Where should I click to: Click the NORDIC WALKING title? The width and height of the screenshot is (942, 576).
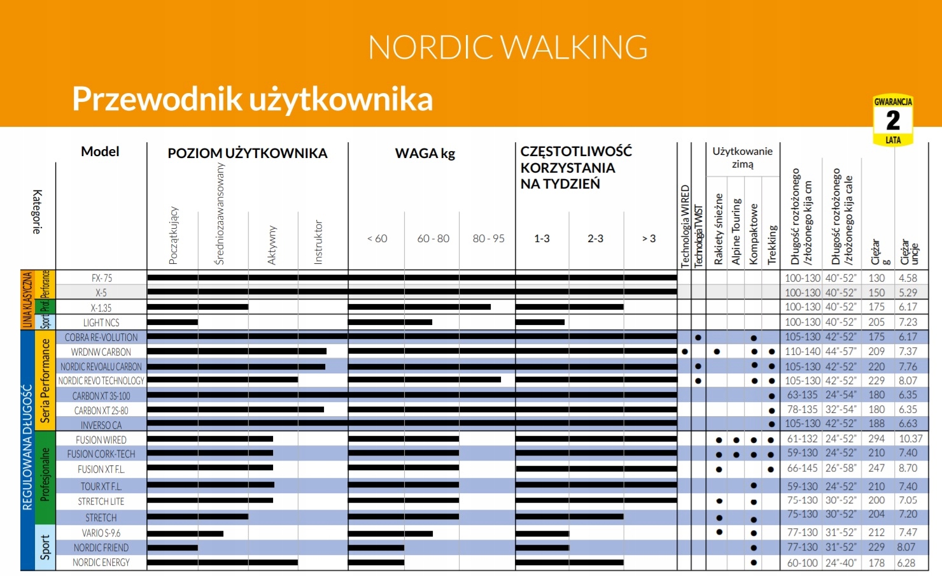(x=508, y=48)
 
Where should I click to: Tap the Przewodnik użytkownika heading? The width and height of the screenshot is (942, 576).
(x=253, y=99)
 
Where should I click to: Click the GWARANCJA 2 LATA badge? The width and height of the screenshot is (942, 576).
(x=893, y=120)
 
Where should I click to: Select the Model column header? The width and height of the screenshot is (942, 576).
(x=100, y=152)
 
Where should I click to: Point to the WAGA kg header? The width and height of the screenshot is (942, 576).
(x=425, y=154)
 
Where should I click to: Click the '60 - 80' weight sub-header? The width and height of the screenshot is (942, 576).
(x=433, y=238)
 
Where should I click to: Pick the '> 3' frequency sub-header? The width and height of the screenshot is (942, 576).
(x=649, y=238)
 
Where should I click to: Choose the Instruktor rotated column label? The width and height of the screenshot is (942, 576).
(x=318, y=242)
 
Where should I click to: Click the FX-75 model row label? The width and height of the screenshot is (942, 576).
(x=102, y=278)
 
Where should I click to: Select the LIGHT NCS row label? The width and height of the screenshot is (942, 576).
(x=101, y=322)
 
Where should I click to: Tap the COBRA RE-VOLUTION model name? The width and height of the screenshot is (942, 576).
(x=101, y=337)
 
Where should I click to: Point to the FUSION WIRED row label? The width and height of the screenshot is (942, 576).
(x=101, y=440)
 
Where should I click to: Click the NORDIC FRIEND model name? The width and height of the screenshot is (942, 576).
(x=101, y=547)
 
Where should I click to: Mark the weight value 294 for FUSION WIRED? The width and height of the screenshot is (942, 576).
(x=876, y=439)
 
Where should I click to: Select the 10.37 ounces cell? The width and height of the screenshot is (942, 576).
(x=911, y=439)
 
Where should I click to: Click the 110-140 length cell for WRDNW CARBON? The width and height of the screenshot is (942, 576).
(x=802, y=351)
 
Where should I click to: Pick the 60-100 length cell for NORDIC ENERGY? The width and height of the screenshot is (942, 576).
(x=802, y=563)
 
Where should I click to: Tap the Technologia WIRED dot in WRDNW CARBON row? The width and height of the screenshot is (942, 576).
(x=685, y=351)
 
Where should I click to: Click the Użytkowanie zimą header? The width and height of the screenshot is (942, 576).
(x=742, y=157)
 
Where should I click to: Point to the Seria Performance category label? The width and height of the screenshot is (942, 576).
(x=45, y=380)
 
